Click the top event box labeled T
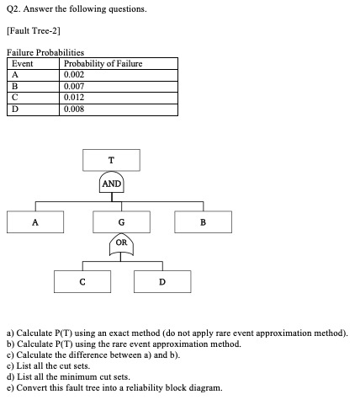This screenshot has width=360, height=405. (x=112, y=161)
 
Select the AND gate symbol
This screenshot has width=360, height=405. (x=112, y=183)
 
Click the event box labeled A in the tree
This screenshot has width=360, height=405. (x=35, y=222)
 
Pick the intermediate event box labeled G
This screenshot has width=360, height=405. (x=122, y=222)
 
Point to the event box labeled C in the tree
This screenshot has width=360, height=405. (x=82, y=281)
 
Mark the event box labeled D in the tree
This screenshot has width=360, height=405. (x=161, y=281)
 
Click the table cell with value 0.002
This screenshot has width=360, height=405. (x=74, y=73)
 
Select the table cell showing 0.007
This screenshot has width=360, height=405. (x=74, y=84)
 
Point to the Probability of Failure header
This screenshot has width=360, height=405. (x=103, y=63)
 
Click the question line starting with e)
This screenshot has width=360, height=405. (x=114, y=388)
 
